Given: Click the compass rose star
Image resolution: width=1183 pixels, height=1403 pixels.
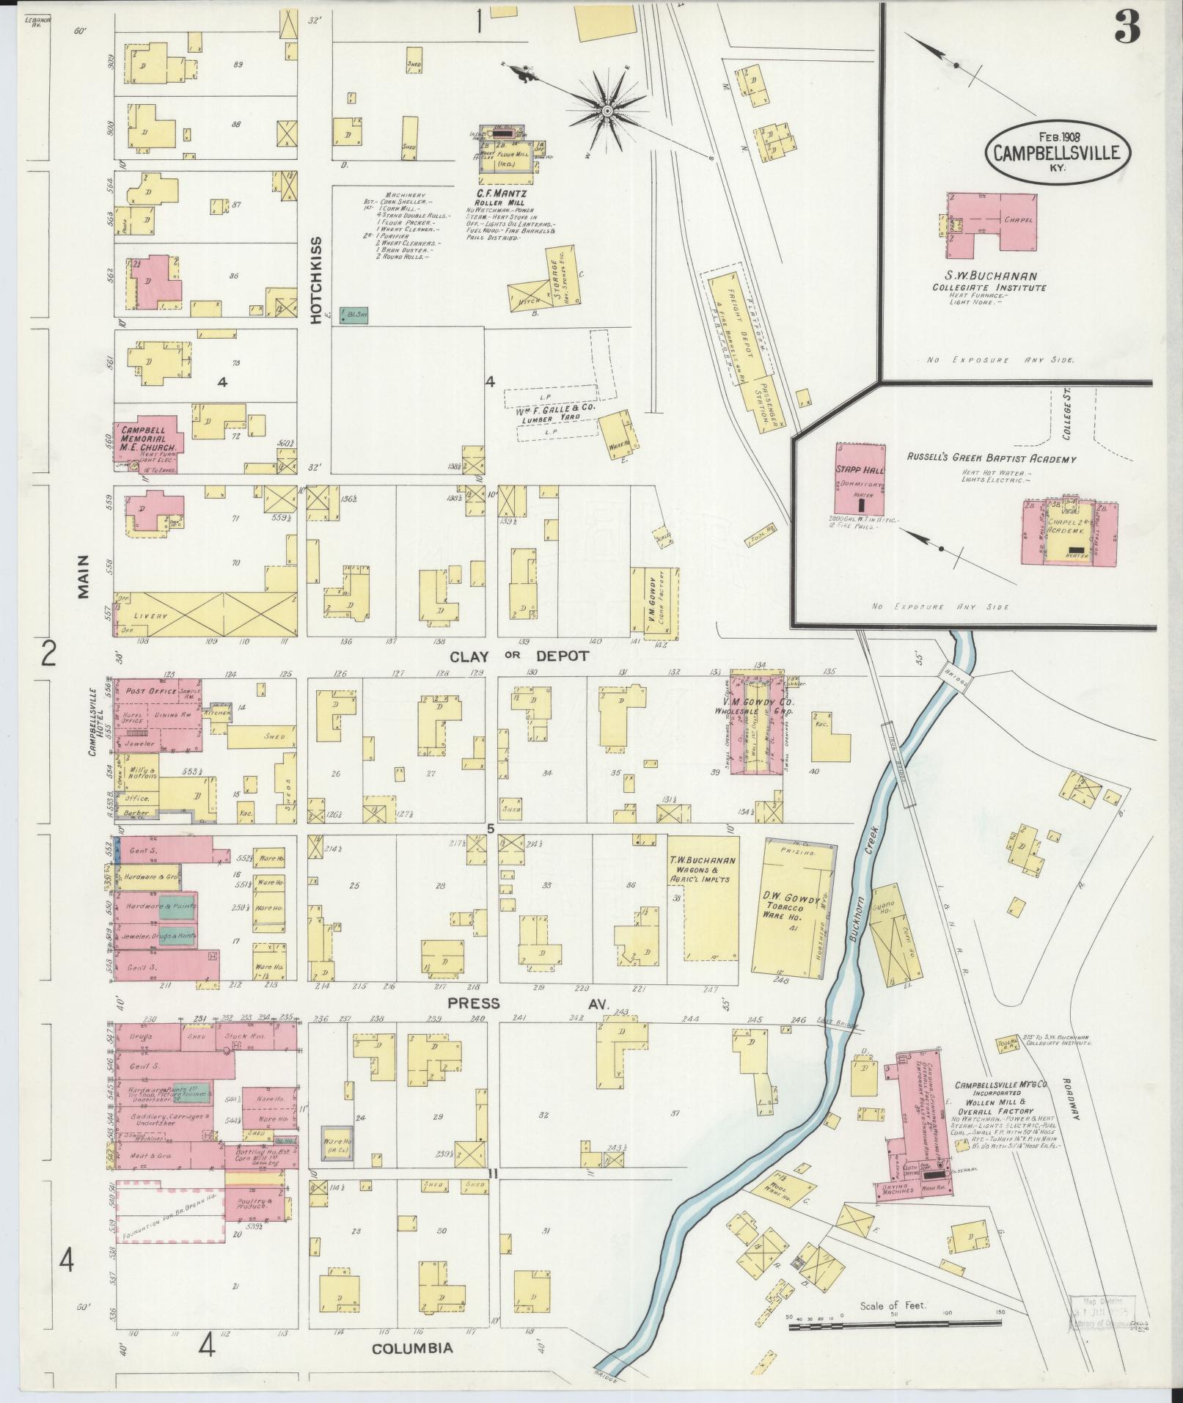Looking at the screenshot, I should click(607, 111).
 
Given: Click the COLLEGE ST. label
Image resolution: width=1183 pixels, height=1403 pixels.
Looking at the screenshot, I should click(1067, 417).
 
